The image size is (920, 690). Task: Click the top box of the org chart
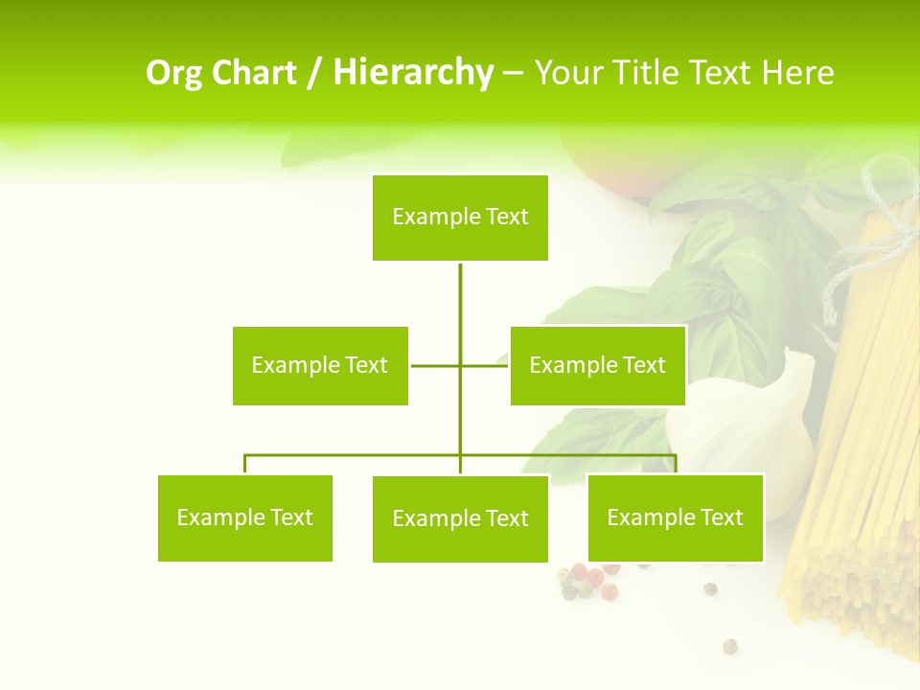460,218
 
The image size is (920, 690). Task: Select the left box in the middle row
320,365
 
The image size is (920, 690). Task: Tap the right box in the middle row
597,365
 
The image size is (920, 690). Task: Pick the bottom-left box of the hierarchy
244,517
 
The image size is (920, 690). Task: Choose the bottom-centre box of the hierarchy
460,518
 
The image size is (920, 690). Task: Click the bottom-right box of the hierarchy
675,517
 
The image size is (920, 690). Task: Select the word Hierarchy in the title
413,73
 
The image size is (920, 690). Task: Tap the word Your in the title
568,73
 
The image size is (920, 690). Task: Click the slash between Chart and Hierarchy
315,73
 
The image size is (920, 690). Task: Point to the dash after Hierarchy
513,74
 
